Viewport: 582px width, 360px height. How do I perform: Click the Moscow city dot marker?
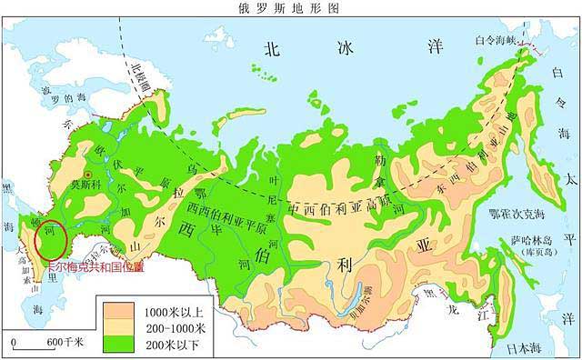pos(88,173)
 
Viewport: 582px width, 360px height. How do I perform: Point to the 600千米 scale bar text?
pos(65,341)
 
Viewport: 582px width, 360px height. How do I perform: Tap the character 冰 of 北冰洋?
pos(346,48)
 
